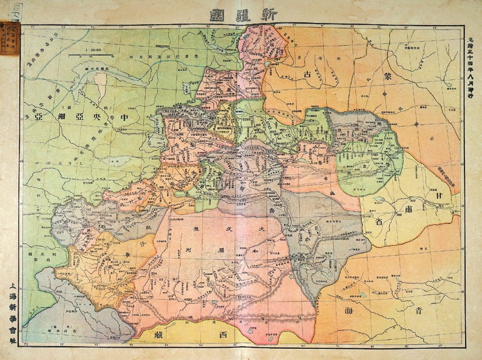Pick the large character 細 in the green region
point(63,115)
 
